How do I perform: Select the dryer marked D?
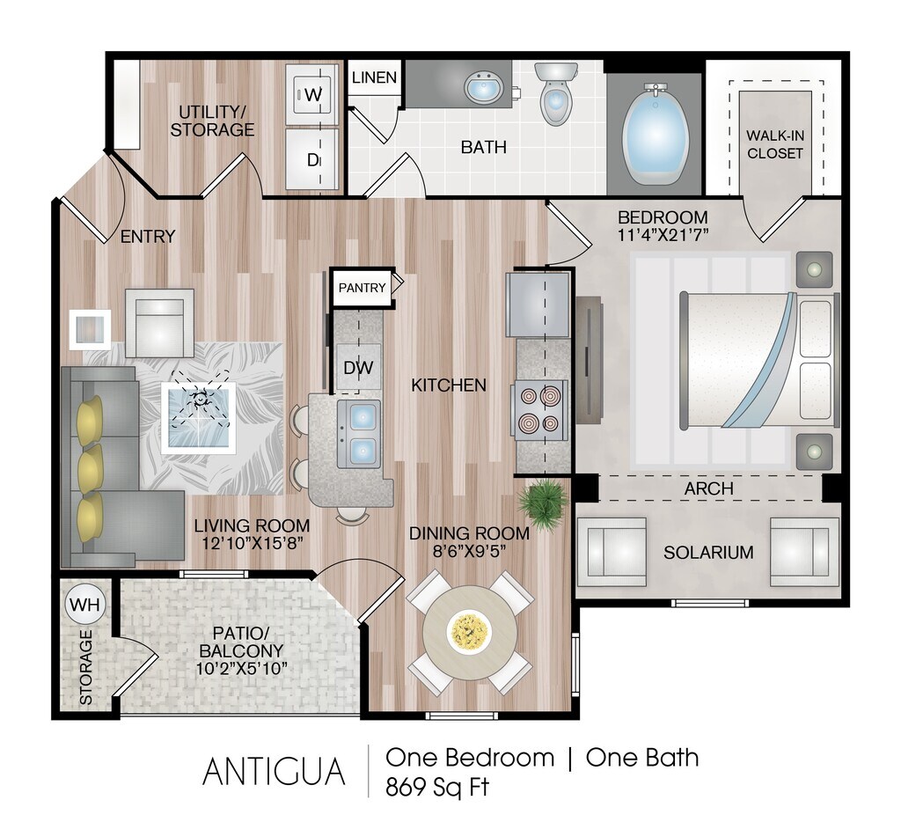point(312,158)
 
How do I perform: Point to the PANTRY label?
point(362,288)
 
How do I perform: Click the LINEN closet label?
point(374,77)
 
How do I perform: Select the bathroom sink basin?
point(482,88)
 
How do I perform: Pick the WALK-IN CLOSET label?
point(774,144)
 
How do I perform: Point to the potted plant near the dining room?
point(540,505)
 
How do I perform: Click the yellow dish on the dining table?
point(469,632)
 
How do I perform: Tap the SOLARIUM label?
point(708,553)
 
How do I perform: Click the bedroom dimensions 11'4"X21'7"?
point(663,235)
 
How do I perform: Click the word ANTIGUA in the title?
point(274,771)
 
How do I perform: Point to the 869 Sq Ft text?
point(436,786)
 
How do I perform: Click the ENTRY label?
point(148,236)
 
